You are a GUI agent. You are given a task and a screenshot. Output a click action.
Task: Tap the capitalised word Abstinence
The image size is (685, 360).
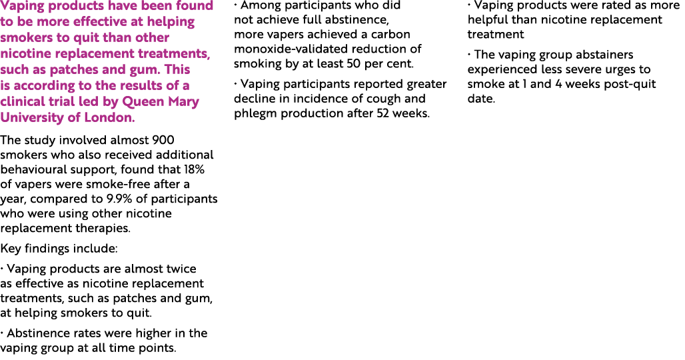click(x=39, y=333)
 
